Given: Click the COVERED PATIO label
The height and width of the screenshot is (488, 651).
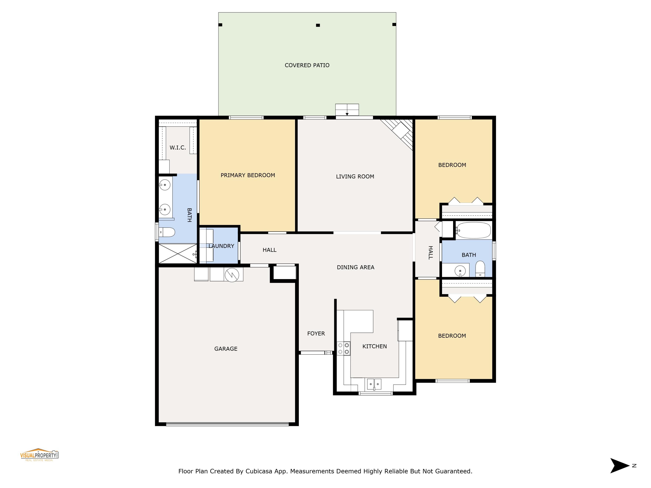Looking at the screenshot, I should point(307,65).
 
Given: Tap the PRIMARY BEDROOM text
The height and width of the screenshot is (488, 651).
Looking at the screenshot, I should point(248,175).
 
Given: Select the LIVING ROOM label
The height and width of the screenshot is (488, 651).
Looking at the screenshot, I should point(355,177).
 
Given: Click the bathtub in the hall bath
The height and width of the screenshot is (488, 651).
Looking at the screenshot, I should point(473,230).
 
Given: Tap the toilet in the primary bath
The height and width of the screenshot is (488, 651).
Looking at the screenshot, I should point(167,232).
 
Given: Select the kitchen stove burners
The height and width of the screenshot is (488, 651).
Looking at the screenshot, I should point(344,349).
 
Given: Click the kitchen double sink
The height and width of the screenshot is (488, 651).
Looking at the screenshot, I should point(374,384).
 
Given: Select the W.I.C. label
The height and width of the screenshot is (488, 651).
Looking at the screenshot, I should point(178,148).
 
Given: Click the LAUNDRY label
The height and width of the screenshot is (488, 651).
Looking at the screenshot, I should point(221,246).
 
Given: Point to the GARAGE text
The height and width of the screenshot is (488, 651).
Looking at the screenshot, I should point(226,349).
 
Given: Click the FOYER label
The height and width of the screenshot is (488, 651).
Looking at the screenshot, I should point(316,334).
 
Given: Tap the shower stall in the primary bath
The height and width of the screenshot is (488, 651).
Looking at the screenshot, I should point(178,254).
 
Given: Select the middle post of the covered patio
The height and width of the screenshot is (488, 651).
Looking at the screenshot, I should point(318,25).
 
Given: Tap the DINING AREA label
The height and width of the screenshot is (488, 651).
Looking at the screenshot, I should point(355,267).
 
